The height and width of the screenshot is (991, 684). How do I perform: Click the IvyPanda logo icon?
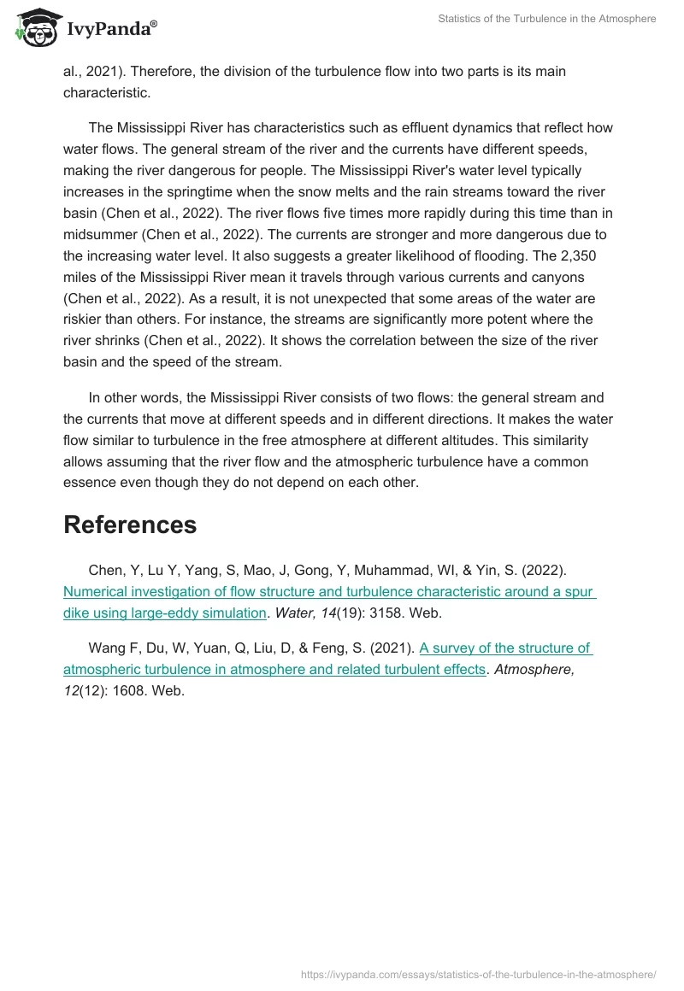point(34,27)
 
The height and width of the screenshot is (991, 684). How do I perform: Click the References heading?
point(130,525)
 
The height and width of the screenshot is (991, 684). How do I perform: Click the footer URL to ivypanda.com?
point(479,974)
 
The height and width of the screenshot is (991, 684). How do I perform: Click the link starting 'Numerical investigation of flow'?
point(329,591)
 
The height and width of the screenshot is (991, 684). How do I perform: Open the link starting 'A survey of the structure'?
point(504,648)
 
